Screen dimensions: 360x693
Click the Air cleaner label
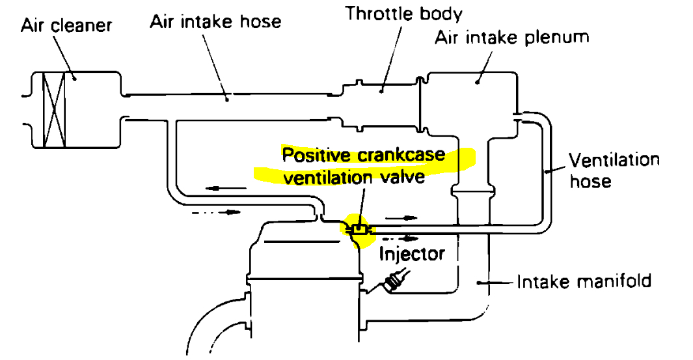(x=66, y=26)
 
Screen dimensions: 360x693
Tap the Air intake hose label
(x=215, y=21)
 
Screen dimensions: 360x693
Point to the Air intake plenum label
(x=511, y=37)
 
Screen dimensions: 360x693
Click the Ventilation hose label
(x=614, y=170)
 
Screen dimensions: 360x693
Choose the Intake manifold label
(x=584, y=282)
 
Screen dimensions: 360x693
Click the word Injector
(x=413, y=253)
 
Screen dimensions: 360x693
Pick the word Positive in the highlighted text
(x=314, y=155)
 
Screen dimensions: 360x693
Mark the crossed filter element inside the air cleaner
(x=53, y=109)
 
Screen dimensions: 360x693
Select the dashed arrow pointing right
(x=212, y=212)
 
